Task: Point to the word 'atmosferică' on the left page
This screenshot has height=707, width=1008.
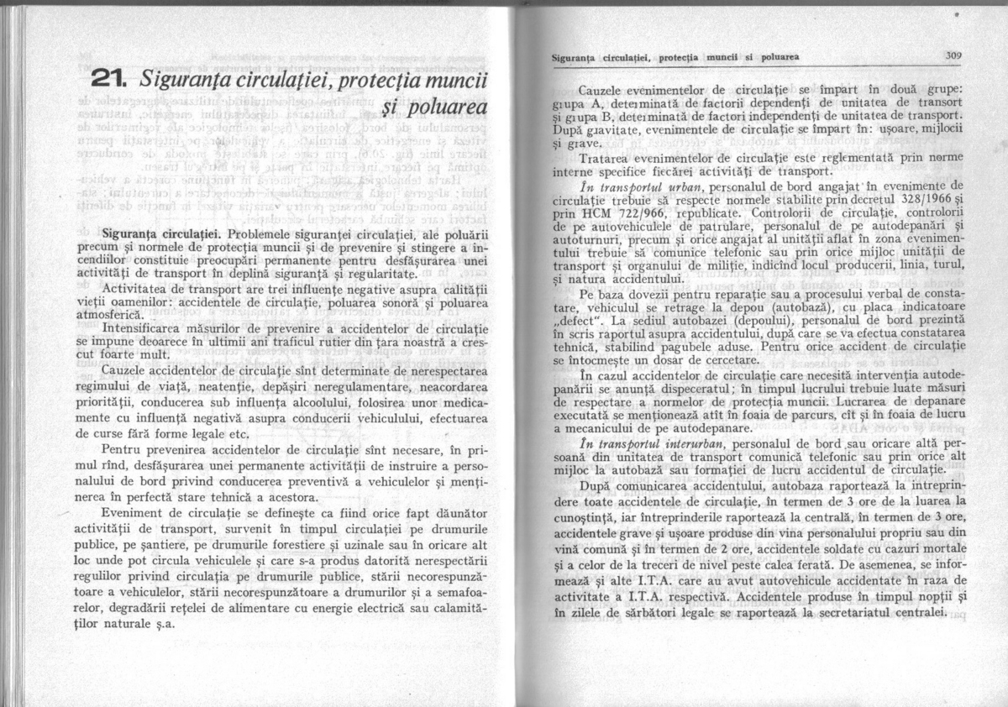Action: tap(136, 312)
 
